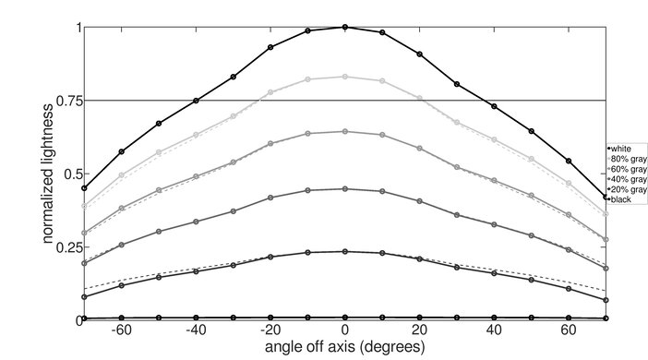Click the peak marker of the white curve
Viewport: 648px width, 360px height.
point(345,27)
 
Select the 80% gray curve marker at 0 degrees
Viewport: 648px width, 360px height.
point(345,77)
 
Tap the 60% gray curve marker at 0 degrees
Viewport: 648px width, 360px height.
point(345,131)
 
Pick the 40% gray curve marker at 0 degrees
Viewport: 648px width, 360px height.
point(345,188)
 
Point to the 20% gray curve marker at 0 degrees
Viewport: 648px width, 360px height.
point(345,251)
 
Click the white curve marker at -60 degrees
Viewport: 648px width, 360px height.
point(122,150)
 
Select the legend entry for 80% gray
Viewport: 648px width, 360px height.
point(622,159)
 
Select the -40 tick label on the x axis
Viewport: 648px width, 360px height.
point(194,330)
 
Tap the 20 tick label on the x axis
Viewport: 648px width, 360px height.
point(420,330)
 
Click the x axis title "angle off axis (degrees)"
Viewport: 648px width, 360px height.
point(345,348)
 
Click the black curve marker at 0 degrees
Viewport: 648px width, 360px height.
point(345,318)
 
